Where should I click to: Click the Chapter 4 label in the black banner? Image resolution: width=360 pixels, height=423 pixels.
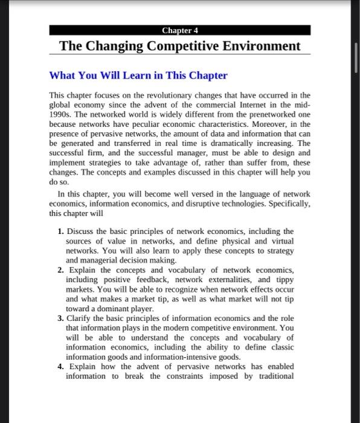[x=180, y=30]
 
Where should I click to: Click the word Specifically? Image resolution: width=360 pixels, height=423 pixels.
[x=285, y=203]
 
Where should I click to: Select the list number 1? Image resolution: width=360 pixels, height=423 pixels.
[x=60, y=231]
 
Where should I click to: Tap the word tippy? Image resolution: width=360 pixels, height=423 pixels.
[x=283, y=280]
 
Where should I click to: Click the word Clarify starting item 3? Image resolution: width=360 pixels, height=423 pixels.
[x=81, y=318]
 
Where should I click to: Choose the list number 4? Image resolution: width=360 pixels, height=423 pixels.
[x=60, y=366]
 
